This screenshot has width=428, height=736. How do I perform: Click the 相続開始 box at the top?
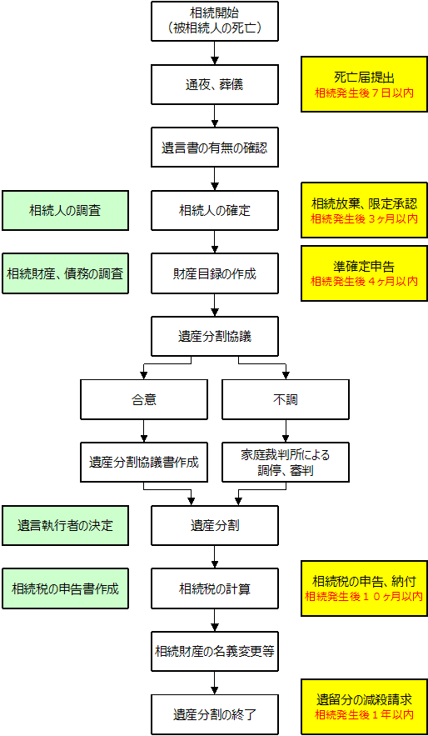214,21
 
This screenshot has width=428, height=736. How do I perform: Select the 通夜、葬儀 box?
214,84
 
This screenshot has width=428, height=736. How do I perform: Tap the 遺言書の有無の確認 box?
214,147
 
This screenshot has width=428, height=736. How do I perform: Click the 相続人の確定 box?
214,210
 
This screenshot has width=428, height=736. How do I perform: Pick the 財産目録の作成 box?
214,273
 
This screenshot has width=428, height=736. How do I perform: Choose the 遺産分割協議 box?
214,336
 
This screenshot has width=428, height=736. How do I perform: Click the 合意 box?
144,399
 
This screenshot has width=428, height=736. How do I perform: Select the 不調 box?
286,399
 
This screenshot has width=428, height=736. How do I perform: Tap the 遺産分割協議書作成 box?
144,463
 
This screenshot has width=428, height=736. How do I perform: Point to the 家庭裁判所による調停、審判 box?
286,463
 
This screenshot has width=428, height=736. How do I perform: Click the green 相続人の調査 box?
65,210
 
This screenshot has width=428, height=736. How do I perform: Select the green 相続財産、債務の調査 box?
65,273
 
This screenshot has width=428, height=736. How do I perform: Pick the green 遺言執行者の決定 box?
65,525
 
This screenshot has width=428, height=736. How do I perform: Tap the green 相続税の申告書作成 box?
65,588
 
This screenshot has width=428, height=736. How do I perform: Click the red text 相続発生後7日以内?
364,93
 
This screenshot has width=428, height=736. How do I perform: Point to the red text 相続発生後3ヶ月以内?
364,218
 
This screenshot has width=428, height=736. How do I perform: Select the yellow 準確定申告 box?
364,273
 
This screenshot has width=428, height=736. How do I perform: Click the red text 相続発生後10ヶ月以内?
364,597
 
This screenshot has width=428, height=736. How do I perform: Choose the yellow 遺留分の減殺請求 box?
364,707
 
